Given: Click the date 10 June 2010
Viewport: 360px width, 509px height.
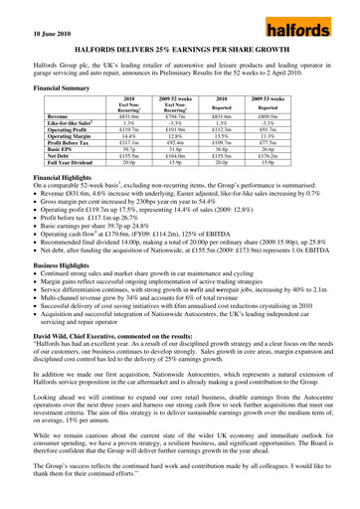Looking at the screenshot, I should (x=33, y=20).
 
